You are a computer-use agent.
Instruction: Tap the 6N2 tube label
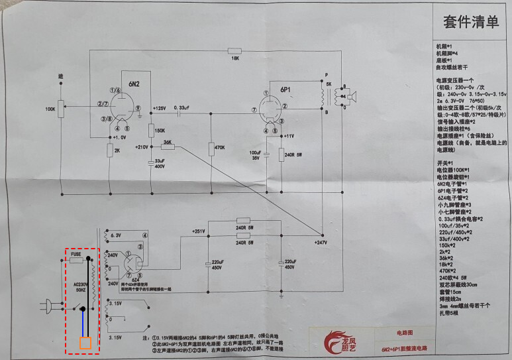[134, 84]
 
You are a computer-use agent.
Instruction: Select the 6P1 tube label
[285, 89]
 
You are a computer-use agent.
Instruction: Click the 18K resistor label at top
[234, 59]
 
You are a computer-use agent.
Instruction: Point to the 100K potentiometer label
[50, 108]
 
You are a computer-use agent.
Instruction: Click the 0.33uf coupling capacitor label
[183, 107]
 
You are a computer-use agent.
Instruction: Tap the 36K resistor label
[168, 142]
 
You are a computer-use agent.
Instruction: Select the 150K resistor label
[160, 131]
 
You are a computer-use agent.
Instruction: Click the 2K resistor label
[118, 150]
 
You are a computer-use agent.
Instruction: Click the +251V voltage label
[199, 231]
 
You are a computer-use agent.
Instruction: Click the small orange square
[85, 343]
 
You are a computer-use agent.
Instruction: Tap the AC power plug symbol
[48, 307]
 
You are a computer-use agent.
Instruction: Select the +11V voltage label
[287, 135]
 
